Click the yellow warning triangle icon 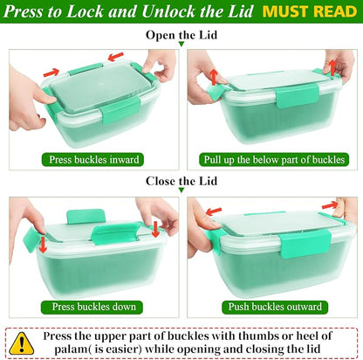coord(21,343)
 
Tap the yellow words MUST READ coord(310,11)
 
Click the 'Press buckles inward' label coord(92,160)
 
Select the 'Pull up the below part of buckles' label coord(274,160)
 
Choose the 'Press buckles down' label coord(92,307)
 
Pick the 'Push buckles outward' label coord(275,307)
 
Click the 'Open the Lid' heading coord(181,35)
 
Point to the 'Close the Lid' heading coord(181,181)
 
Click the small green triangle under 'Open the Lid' coord(181,44)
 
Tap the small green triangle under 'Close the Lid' coord(181,190)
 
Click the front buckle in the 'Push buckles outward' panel coord(305,243)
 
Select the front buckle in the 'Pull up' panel coord(298,95)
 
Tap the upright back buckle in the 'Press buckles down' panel coord(86,216)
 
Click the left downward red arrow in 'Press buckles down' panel coord(43,245)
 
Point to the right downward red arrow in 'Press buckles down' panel coord(156,229)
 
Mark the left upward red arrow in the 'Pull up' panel coord(214,77)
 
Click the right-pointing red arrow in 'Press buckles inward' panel coord(51,73)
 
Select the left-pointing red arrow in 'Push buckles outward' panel coord(214,211)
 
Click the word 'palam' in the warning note coord(71,349)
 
